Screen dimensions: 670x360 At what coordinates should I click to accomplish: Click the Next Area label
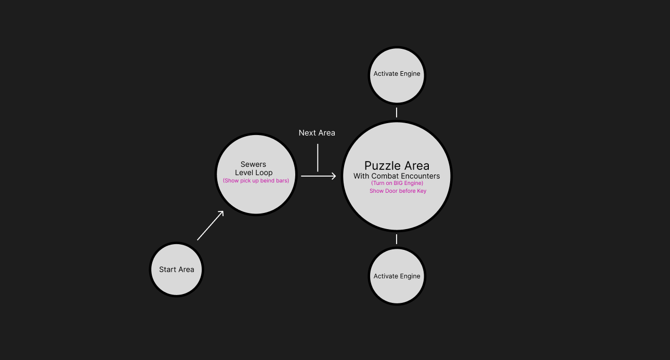[x=317, y=133]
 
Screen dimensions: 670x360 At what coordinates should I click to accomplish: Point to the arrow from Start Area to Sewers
[x=210, y=225]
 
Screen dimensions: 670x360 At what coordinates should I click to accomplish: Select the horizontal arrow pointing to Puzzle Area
[x=318, y=177]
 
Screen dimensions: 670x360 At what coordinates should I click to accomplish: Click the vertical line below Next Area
[x=318, y=157]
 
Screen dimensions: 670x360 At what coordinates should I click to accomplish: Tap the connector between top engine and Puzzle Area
[x=397, y=112]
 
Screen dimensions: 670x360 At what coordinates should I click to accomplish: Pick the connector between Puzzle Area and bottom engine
[x=397, y=239]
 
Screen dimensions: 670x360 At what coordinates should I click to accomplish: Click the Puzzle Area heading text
[x=397, y=166]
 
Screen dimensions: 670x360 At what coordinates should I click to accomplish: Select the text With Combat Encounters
[x=397, y=176]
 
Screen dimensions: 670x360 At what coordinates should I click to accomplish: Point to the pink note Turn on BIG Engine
[x=397, y=183]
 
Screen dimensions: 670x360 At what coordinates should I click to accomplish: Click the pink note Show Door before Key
[x=398, y=191]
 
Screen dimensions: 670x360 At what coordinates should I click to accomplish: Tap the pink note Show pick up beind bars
[x=256, y=181]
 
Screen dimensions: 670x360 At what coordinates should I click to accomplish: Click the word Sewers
[x=253, y=164]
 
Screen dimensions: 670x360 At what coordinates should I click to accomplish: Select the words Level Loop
[x=254, y=172]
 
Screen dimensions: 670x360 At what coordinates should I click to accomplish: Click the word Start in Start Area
[x=168, y=270]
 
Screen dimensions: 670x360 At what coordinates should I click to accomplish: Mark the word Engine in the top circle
[x=410, y=74]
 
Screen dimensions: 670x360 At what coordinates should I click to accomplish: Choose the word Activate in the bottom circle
[x=386, y=276]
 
